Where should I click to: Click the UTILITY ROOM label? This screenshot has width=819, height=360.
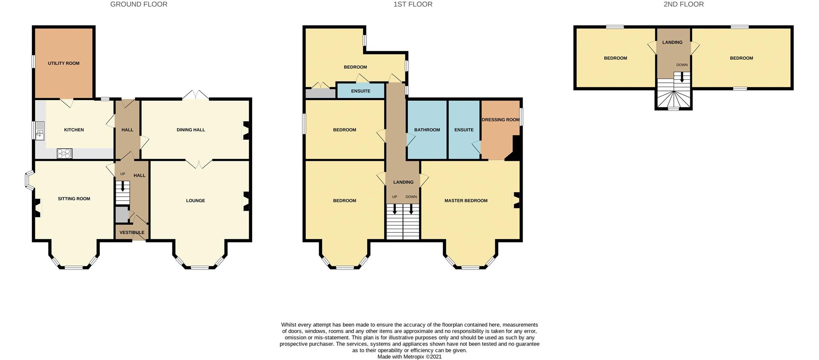(x=64, y=64)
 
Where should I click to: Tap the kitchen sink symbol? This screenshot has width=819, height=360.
(x=40, y=131)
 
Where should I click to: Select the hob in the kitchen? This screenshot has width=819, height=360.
(x=64, y=154)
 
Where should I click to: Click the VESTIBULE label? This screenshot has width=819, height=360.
(x=132, y=233)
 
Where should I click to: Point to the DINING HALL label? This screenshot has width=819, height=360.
(x=191, y=130)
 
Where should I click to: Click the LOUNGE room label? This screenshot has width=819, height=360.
(x=195, y=201)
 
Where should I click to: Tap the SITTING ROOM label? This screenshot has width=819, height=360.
(x=74, y=199)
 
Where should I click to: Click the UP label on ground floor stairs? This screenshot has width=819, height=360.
(x=123, y=174)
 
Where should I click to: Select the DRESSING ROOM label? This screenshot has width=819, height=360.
(x=500, y=120)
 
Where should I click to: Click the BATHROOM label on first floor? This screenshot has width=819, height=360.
(x=427, y=130)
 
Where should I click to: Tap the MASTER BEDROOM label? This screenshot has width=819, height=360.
(x=466, y=201)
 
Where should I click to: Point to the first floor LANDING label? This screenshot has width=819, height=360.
(x=403, y=183)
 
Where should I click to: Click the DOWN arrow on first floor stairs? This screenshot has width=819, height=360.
(x=411, y=209)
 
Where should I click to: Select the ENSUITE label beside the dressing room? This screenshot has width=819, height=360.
(x=464, y=130)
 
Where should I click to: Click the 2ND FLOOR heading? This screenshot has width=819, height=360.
(x=683, y=4)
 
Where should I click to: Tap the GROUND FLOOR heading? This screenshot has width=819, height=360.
(x=139, y=4)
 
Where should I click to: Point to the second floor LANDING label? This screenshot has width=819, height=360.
(x=672, y=43)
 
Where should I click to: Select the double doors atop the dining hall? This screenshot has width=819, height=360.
(x=195, y=96)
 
